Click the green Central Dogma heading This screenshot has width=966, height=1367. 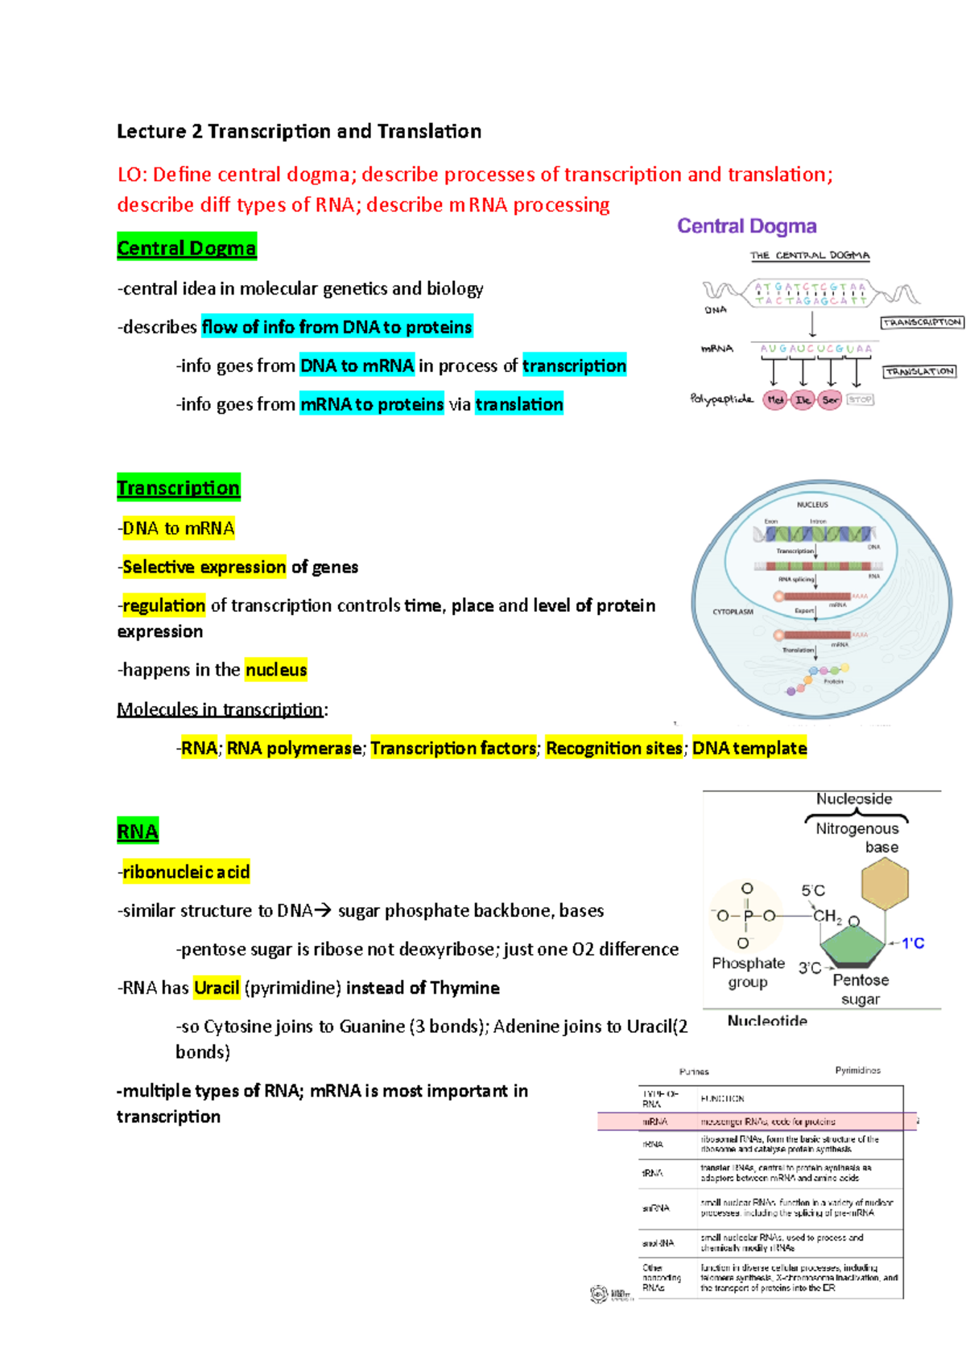(186, 248)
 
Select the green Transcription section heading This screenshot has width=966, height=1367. (178, 488)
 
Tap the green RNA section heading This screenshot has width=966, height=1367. (138, 832)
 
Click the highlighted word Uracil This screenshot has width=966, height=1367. (217, 988)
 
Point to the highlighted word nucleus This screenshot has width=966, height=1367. (276, 670)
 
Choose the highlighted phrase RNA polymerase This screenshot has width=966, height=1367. (294, 749)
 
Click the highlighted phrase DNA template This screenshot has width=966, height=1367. (749, 749)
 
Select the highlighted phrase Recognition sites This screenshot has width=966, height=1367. (613, 749)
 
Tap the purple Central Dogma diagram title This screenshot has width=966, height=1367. (746, 226)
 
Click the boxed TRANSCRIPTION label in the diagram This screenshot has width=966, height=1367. (922, 322)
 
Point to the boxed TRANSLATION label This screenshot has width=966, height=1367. (919, 371)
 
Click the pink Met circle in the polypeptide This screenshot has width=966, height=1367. (775, 399)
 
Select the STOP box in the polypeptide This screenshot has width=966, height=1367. (860, 399)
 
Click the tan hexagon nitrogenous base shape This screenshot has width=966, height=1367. (885, 883)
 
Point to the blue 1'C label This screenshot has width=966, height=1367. (912, 943)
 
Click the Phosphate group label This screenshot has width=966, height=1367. (748, 973)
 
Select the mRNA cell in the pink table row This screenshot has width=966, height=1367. (654, 1121)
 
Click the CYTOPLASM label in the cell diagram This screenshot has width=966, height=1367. (733, 612)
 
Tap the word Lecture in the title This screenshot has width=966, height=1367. (151, 131)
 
